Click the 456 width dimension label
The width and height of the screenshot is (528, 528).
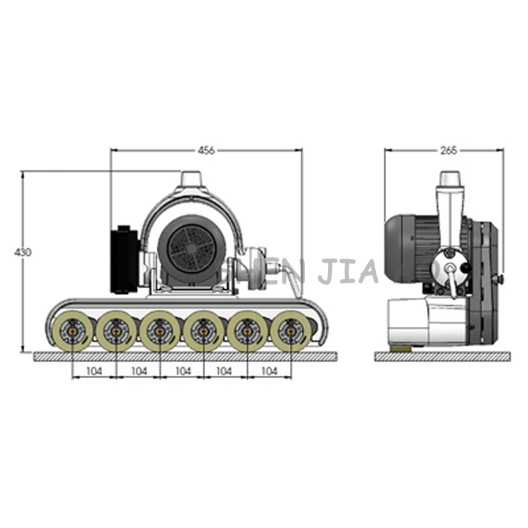pyautogui.click(x=206, y=150)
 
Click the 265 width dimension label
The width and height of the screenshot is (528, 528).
pyautogui.click(x=449, y=150)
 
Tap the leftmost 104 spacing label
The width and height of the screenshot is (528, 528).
pyautogui.click(x=94, y=372)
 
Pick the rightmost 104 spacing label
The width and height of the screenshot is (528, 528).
pyautogui.click(x=269, y=372)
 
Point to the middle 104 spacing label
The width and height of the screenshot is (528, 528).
pyautogui.click(x=182, y=372)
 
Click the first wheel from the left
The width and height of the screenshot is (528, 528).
pyautogui.click(x=73, y=331)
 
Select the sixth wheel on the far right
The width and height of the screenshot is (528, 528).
pyautogui.click(x=290, y=331)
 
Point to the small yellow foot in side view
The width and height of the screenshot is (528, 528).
pyautogui.click(x=400, y=347)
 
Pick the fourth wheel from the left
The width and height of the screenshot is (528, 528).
pyautogui.click(x=203, y=331)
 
